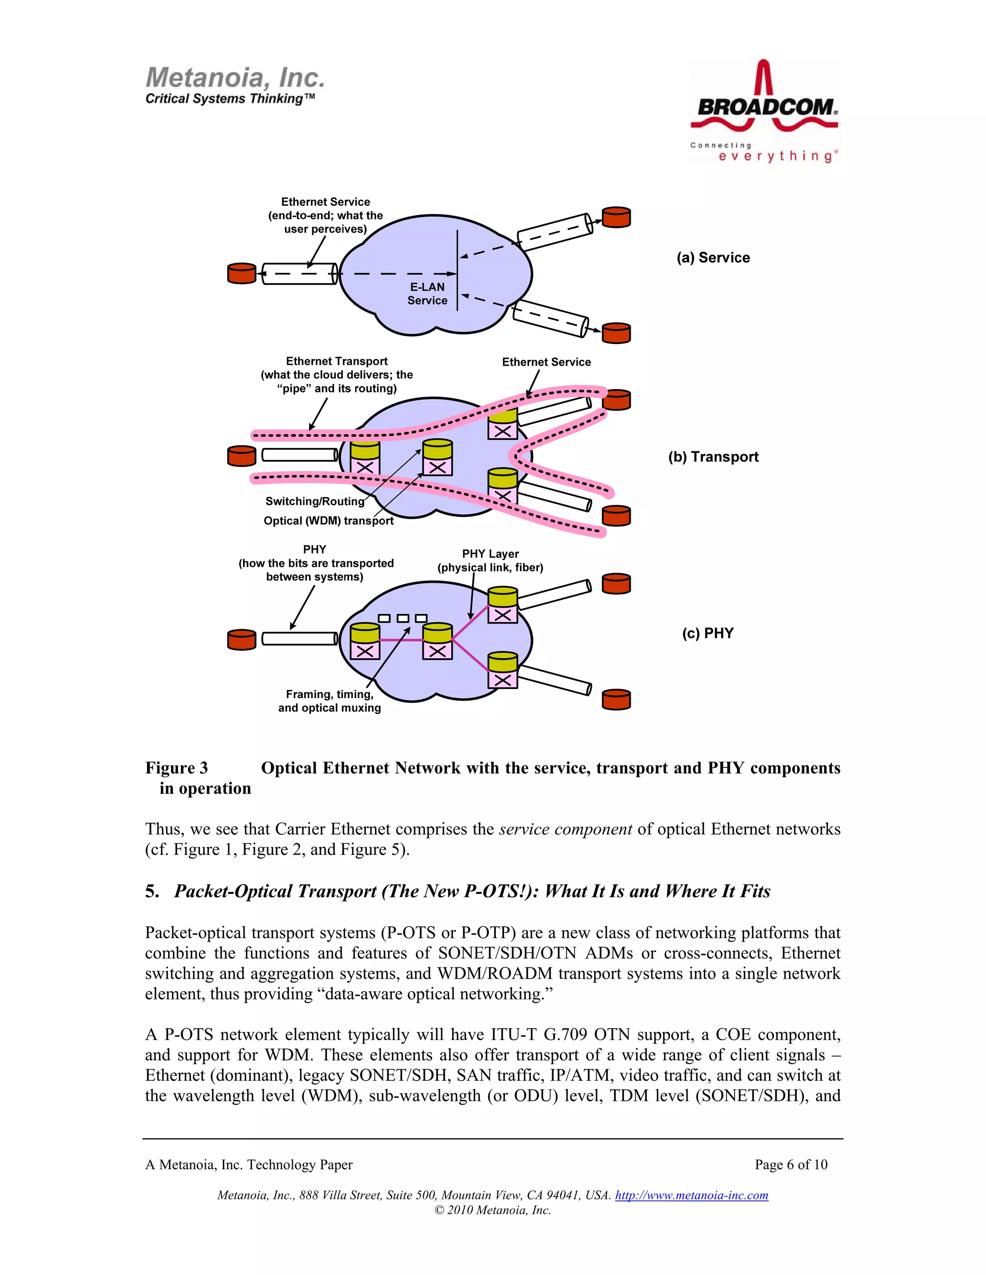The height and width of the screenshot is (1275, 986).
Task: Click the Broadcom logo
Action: [764, 111]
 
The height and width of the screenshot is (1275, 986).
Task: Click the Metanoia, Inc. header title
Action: [235, 77]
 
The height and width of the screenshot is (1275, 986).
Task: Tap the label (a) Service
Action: [713, 257]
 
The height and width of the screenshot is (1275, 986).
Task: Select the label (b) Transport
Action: [713, 457]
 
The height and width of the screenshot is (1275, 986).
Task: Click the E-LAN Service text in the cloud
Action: [427, 293]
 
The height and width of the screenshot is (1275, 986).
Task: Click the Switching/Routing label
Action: [314, 501]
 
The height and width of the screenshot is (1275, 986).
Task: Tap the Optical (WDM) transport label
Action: [328, 520]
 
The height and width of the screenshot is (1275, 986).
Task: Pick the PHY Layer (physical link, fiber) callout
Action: [490, 561]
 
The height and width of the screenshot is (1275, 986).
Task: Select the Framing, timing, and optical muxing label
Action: [329, 701]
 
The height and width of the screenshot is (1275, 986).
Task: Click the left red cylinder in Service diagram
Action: [241, 273]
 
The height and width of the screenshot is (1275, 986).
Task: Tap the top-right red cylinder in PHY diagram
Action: [616, 584]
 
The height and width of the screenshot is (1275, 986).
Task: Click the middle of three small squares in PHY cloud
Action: [402, 618]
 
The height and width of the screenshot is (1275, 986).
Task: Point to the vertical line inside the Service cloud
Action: [457, 270]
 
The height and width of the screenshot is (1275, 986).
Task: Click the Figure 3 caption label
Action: [176, 768]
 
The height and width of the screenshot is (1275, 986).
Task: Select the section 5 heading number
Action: [151, 891]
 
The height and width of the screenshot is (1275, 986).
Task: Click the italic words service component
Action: [565, 829]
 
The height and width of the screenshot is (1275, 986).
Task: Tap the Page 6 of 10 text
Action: [791, 1165]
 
